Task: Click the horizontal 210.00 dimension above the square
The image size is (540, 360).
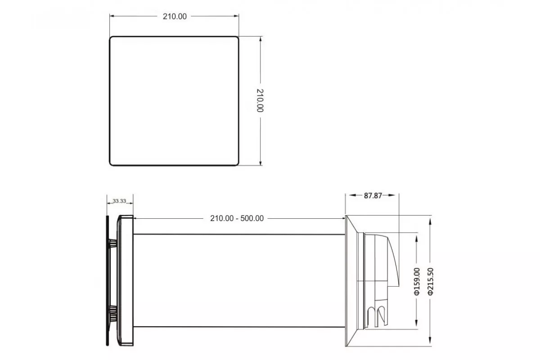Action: tap(175, 16)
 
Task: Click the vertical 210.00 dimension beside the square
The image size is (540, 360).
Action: tap(260, 100)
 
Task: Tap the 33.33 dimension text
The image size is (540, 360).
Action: tap(119, 201)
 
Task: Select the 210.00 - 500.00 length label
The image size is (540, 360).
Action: tap(237, 218)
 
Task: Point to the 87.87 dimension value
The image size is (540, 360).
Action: tap(373, 196)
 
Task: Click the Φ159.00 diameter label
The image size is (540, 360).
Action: tap(417, 281)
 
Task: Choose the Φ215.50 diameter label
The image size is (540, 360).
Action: tap(430, 281)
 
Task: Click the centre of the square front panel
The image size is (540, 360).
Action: tap(174, 101)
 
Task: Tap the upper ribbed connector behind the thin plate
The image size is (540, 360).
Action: tap(113, 243)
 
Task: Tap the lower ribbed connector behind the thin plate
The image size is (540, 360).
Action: tap(113, 314)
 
